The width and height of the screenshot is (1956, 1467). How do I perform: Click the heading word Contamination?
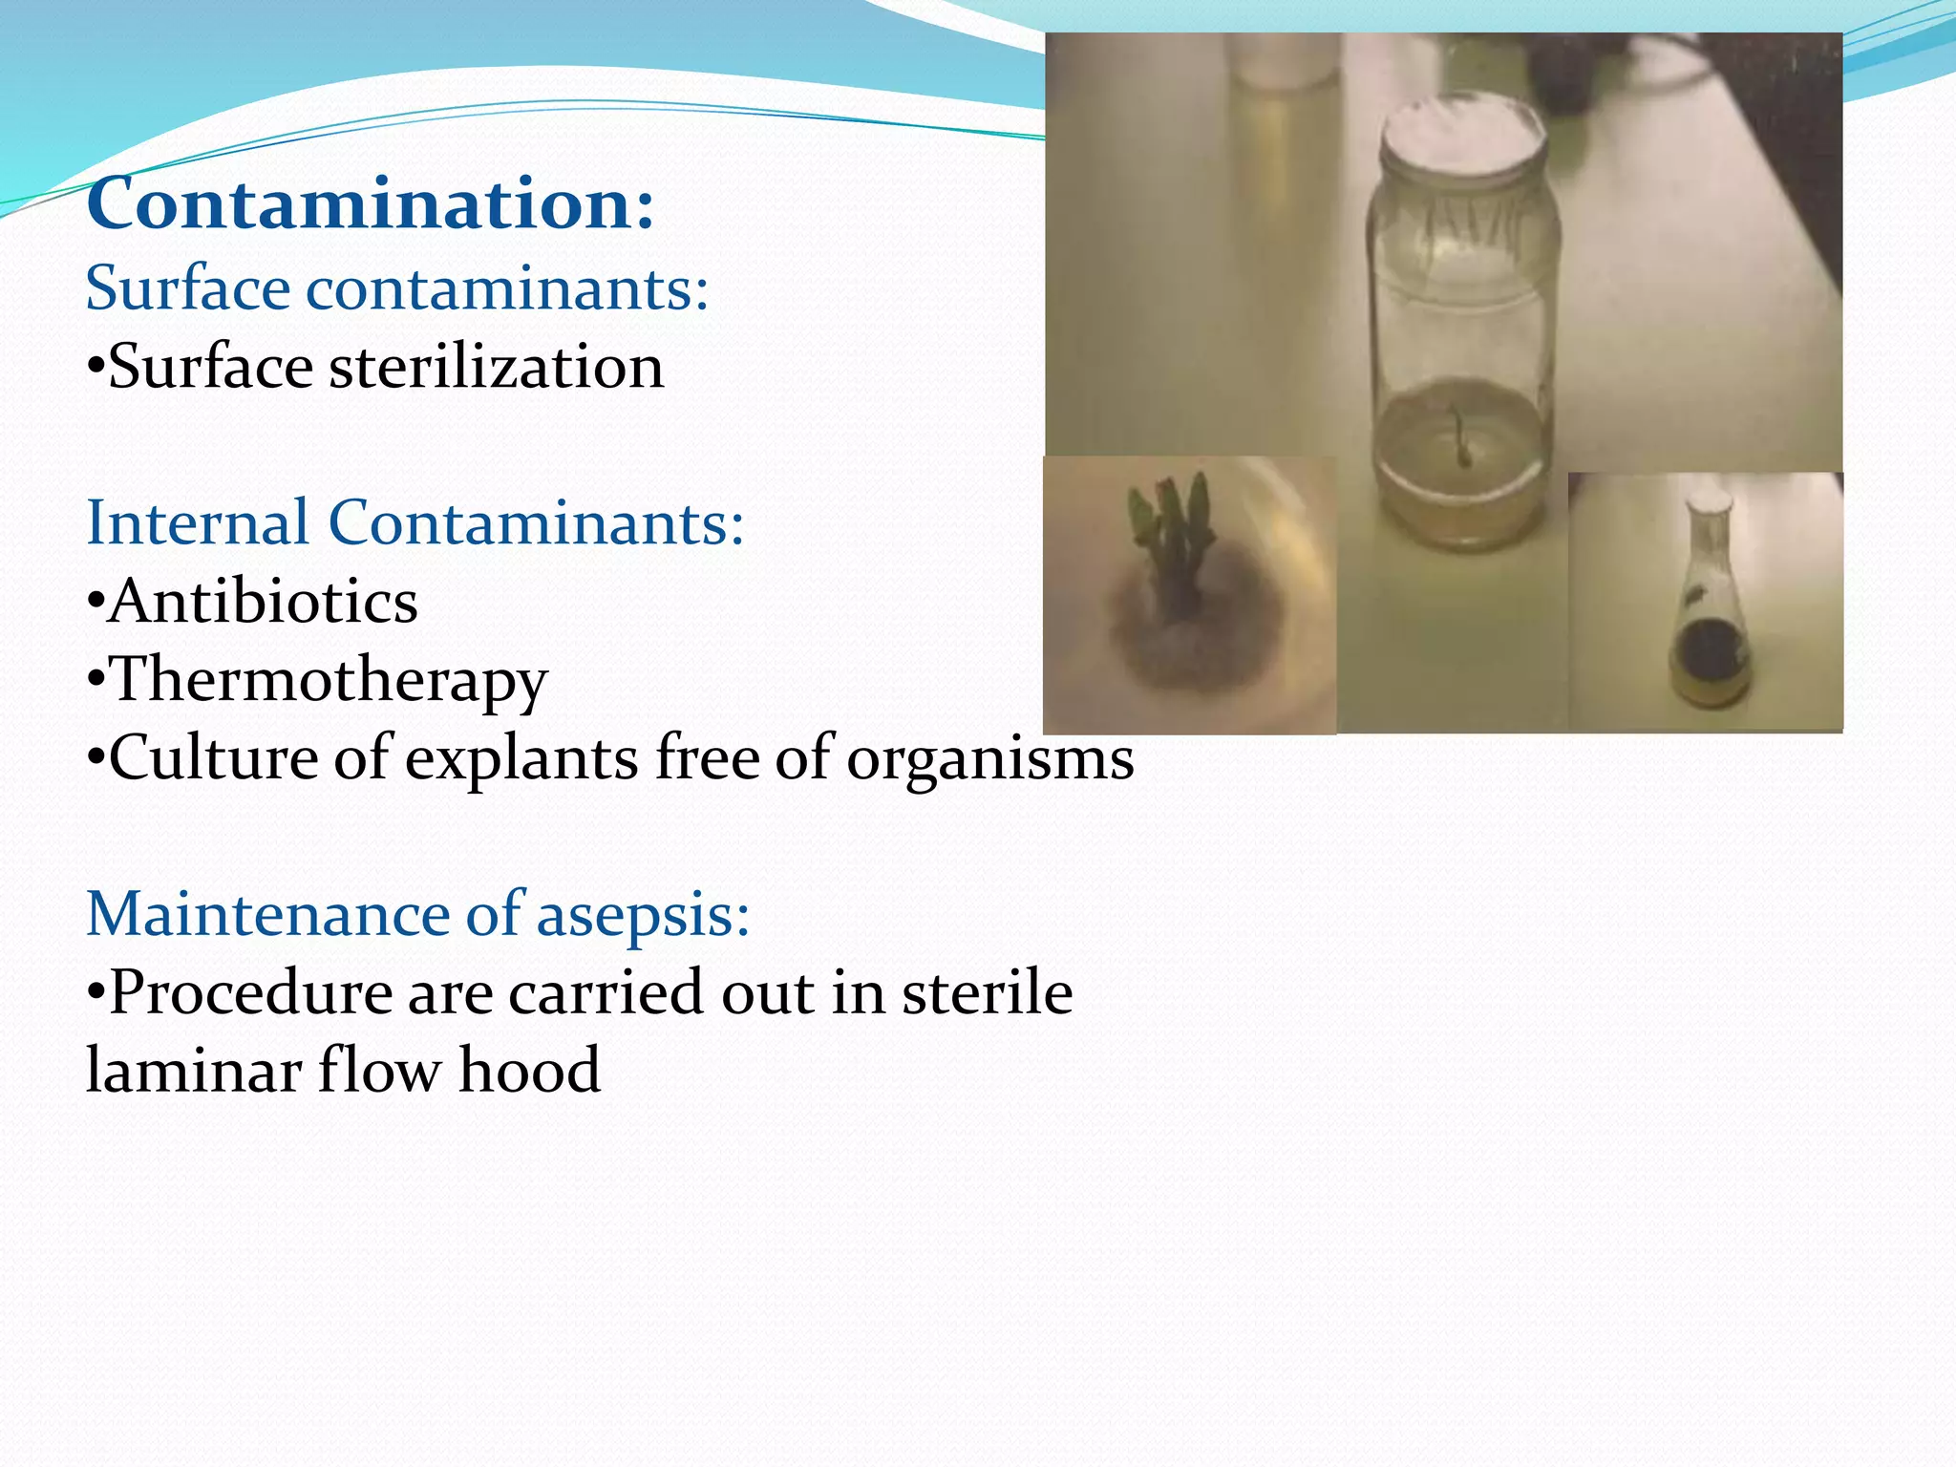pyautogui.click(x=371, y=203)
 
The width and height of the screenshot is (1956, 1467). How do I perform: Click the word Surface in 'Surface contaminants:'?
pyautogui.click(x=187, y=287)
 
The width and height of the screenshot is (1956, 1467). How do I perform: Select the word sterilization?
pyautogui.click(x=497, y=367)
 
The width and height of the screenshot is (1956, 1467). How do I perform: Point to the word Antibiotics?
pyautogui.click(x=263, y=602)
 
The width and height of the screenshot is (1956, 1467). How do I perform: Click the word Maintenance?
pyautogui.click(x=267, y=914)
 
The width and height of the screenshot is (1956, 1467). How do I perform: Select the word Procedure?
pyautogui.click(x=250, y=992)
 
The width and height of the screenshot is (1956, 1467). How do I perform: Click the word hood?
pyautogui.click(x=529, y=1070)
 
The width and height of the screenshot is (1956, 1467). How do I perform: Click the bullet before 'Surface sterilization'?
pyautogui.click(x=95, y=369)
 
